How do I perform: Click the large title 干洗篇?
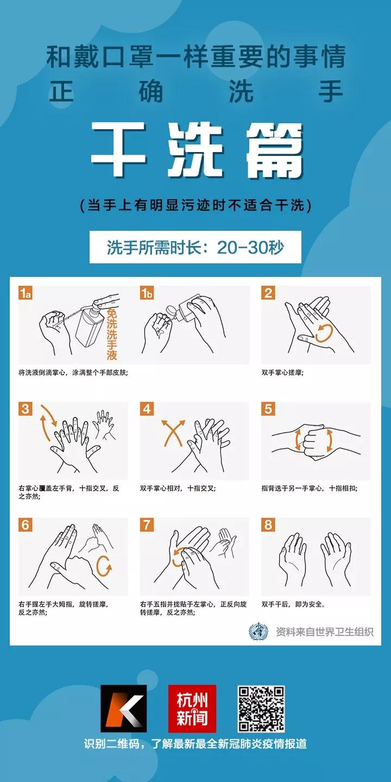[197, 150]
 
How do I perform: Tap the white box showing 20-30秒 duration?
[195, 247]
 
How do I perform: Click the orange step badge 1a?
[26, 293]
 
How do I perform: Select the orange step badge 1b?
[147, 293]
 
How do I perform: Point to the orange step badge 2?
[268, 293]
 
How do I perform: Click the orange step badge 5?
[268, 409]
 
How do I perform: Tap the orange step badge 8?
[268, 525]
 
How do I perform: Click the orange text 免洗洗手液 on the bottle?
[112, 334]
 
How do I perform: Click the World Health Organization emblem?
[258, 632]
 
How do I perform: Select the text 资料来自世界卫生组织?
[325, 632]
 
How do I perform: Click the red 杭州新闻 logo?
[192, 709]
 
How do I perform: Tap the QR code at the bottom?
[261, 709]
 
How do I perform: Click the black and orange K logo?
[123, 709]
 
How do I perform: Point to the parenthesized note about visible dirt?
[195, 206]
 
